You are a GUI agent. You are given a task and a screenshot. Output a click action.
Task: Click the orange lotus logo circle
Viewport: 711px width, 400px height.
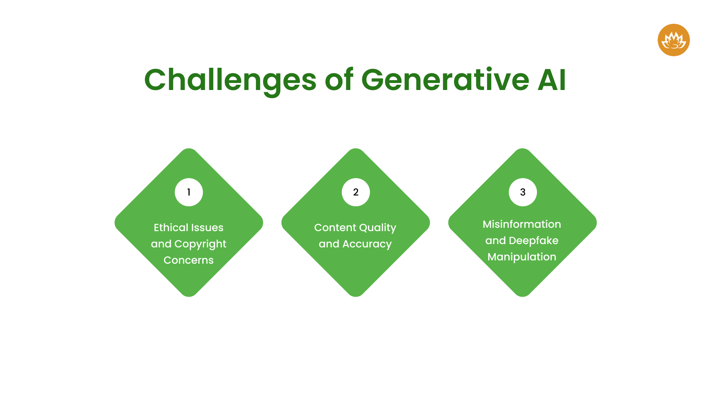tap(674, 40)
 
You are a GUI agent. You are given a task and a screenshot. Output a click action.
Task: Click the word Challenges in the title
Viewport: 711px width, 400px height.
tap(230, 80)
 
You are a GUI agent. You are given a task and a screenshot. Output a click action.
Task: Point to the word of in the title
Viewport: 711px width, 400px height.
tap(339, 80)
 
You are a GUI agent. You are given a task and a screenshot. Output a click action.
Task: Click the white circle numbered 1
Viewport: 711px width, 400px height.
tap(189, 192)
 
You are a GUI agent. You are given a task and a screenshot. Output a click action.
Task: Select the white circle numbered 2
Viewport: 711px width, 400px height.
tap(355, 192)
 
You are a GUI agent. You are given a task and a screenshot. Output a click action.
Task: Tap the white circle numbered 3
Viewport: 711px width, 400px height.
tap(523, 192)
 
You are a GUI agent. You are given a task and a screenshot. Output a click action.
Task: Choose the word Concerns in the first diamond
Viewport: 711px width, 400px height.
tap(188, 260)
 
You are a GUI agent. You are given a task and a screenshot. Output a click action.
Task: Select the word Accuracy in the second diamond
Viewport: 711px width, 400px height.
tap(367, 244)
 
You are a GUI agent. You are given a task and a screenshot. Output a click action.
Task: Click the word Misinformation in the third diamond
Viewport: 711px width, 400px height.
tap(522, 224)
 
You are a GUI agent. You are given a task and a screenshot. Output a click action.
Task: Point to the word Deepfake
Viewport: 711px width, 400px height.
tap(534, 241)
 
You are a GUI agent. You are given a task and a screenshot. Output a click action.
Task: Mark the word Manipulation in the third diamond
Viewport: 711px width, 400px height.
tap(522, 257)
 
